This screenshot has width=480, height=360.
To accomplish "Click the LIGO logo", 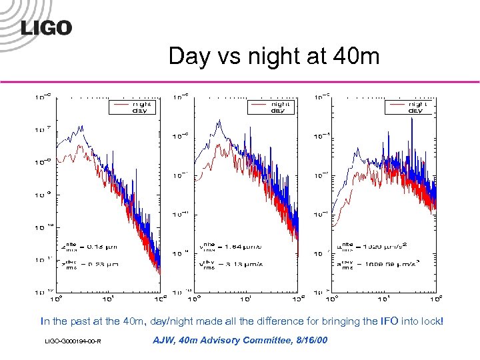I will click(46, 27).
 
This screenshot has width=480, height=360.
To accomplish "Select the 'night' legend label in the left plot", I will click(141, 104).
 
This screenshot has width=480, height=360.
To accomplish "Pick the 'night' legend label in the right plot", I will click(417, 104).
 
